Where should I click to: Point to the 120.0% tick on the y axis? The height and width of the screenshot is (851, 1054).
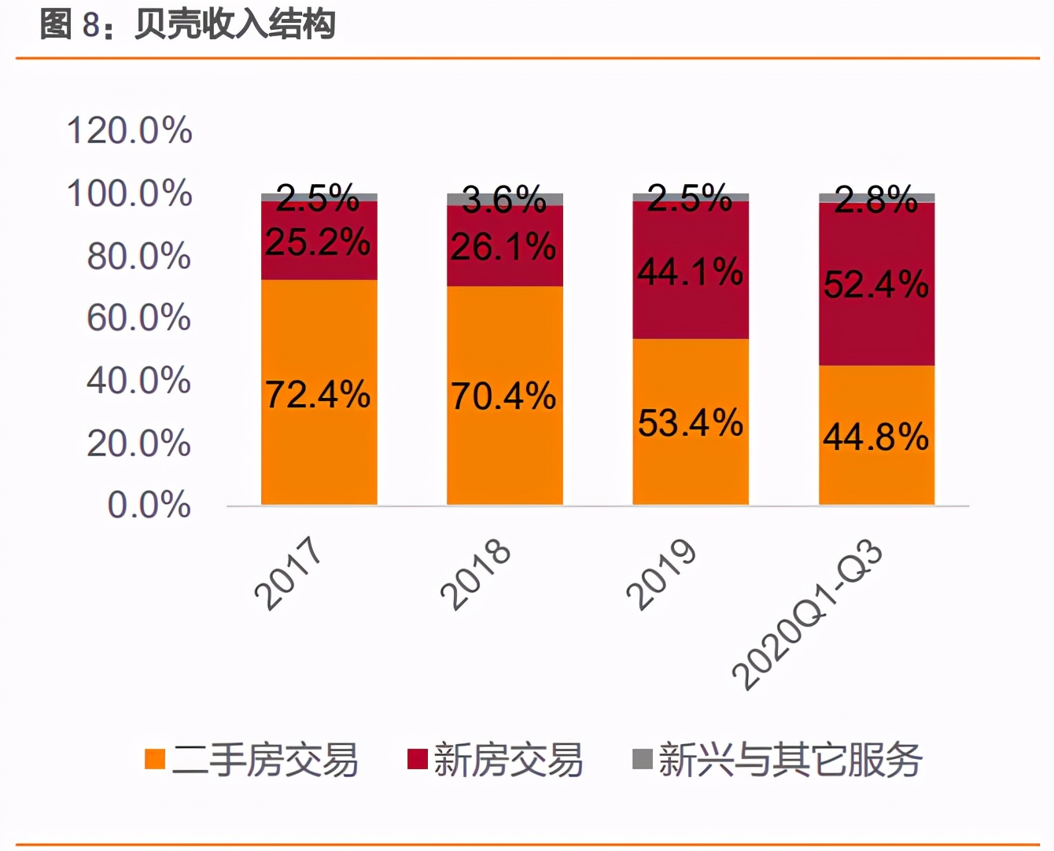[130, 131]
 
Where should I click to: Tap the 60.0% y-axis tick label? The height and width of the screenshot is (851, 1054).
[138, 318]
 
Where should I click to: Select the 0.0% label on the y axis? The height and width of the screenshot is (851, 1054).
[149, 504]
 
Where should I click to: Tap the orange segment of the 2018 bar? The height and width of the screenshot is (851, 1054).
[505, 456]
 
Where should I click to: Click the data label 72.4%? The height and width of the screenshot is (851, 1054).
[318, 394]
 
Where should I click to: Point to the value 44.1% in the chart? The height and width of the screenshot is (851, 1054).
[690, 272]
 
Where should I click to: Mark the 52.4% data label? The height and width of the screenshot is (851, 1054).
[876, 284]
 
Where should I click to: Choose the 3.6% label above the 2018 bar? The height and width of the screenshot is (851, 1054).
[504, 200]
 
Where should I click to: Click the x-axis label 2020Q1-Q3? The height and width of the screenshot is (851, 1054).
[807, 614]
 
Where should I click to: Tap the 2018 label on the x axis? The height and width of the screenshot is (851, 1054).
[475, 574]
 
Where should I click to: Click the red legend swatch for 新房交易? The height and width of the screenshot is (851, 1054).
[417, 759]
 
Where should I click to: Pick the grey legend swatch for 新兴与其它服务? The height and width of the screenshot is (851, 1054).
[643, 759]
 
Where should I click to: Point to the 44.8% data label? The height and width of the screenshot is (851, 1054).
[875, 437]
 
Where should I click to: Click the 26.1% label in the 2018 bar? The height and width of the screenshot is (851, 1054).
[503, 247]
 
